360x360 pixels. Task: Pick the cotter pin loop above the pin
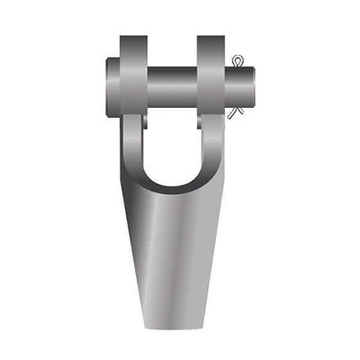tap(237, 61)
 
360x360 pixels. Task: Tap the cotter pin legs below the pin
tap(235, 110)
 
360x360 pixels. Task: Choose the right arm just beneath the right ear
tap(212, 135)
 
